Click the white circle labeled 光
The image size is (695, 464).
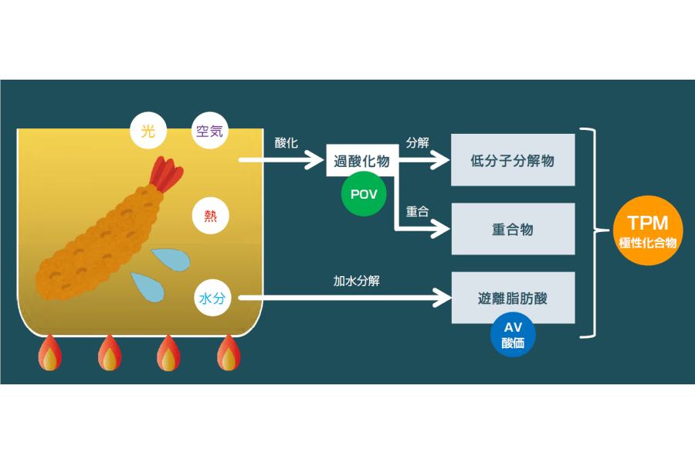(148, 131)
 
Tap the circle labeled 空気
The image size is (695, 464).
(209, 131)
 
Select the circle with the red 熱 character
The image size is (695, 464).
(211, 216)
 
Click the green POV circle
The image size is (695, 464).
(364, 193)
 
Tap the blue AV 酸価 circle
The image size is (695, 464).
(513, 335)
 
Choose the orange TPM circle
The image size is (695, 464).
(647, 230)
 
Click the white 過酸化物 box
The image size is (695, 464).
(362, 161)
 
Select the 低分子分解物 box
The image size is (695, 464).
(513, 160)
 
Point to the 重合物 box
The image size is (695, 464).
(513, 229)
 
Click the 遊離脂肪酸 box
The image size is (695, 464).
(513, 298)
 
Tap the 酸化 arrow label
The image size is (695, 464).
(286, 143)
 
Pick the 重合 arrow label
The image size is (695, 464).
(418, 211)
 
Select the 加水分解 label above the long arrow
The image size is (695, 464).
(356, 281)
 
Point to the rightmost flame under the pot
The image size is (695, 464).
(229, 354)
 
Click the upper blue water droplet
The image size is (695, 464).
(170, 259)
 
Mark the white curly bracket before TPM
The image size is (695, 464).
(593, 231)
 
